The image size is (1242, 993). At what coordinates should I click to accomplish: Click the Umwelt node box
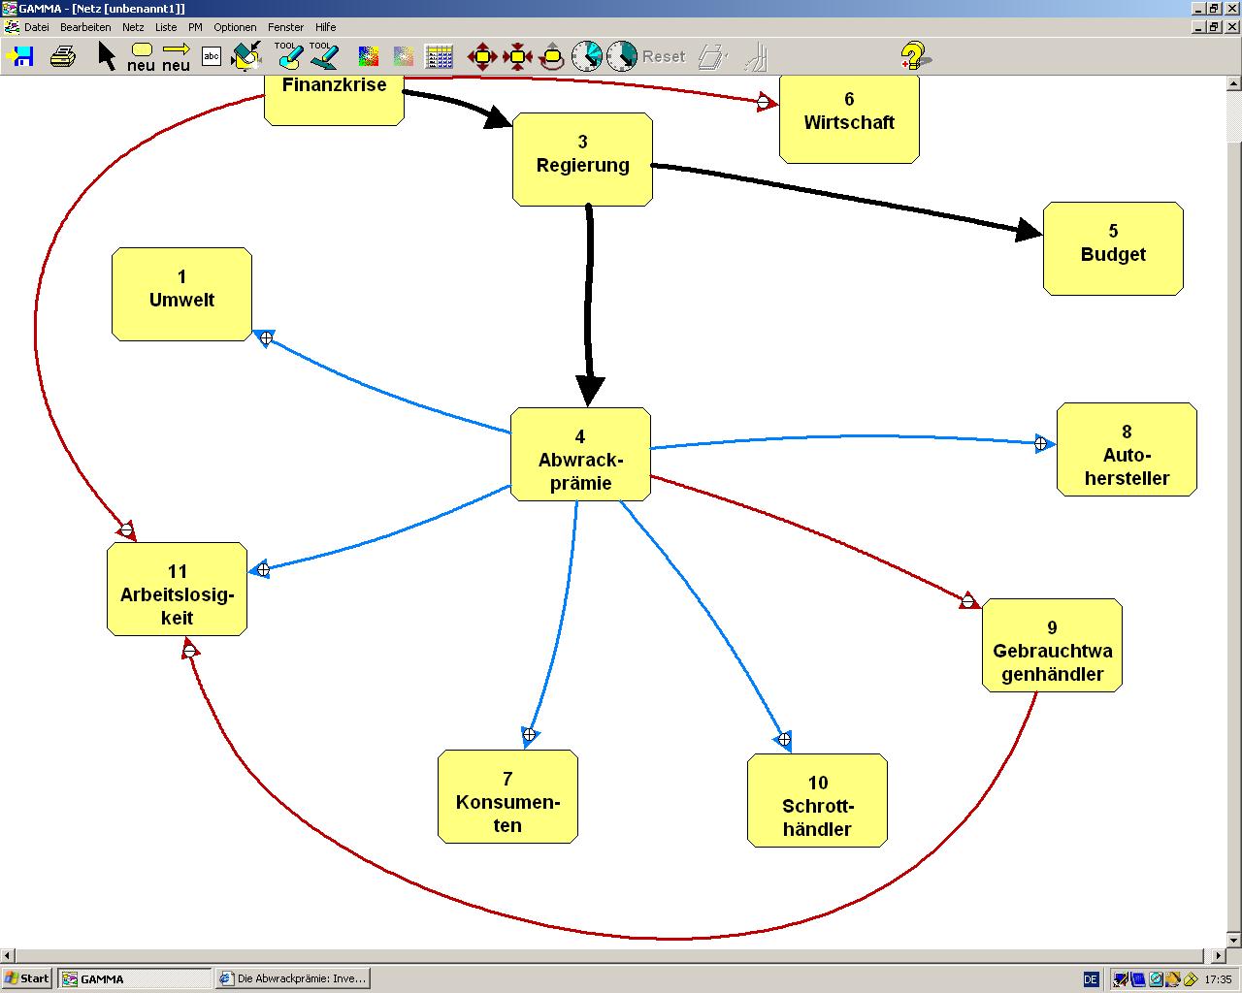point(181,294)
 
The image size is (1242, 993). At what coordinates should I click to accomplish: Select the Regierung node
point(582,158)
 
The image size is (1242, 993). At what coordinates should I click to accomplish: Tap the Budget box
point(1113,248)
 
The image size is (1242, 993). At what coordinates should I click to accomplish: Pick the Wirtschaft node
point(849,116)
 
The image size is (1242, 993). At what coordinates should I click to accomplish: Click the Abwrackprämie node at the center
point(580,454)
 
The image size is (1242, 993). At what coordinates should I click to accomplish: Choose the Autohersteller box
point(1127,449)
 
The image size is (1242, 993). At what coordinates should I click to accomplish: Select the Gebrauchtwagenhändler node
point(1052,645)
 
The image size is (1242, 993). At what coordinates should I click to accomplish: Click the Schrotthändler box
point(817,800)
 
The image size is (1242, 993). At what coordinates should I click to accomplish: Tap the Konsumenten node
point(507,796)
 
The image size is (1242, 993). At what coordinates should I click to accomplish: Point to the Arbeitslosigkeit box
point(177,589)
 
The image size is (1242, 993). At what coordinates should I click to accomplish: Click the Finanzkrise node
point(334,97)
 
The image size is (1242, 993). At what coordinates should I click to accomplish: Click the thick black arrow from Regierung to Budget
point(844,199)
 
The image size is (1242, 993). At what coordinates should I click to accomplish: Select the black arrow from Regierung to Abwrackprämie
point(588,301)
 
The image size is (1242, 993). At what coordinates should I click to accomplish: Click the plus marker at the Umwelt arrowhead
point(266,337)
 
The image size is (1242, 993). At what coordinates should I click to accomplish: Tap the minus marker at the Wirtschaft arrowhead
point(764,102)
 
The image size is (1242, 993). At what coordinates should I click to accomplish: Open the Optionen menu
point(235,27)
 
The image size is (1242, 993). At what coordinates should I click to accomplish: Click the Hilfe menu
point(325,27)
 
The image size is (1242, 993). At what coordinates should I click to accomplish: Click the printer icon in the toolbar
point(63,56)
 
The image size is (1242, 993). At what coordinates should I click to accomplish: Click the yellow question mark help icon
point(912,56)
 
